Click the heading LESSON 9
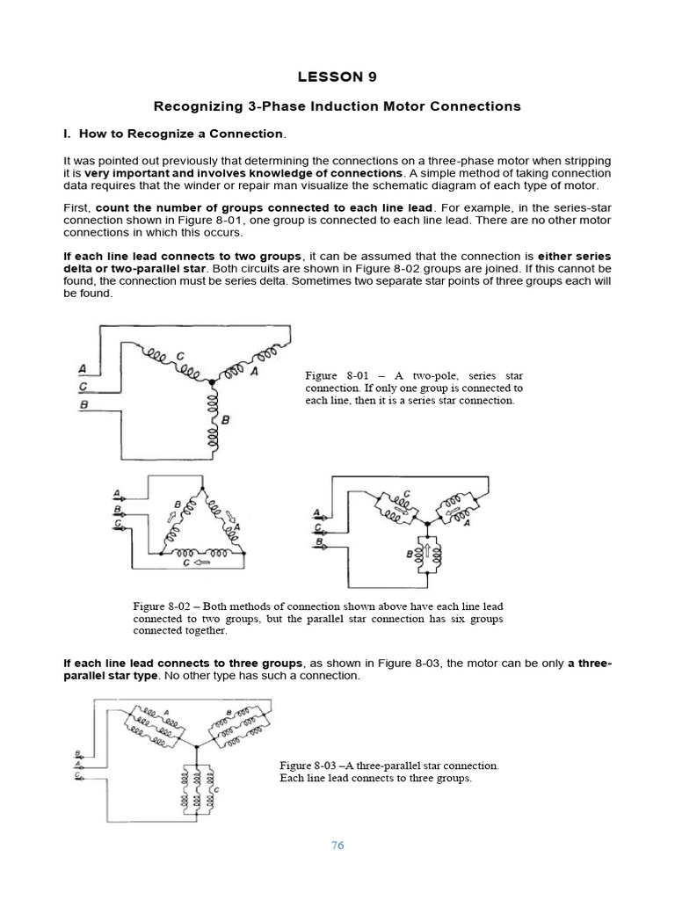(337, 76)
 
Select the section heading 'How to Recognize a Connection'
(182, 134)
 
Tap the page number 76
(337, 846)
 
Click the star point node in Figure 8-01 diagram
(211, 382)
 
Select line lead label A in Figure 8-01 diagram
(82, 367)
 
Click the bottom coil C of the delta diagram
(197, 554)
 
